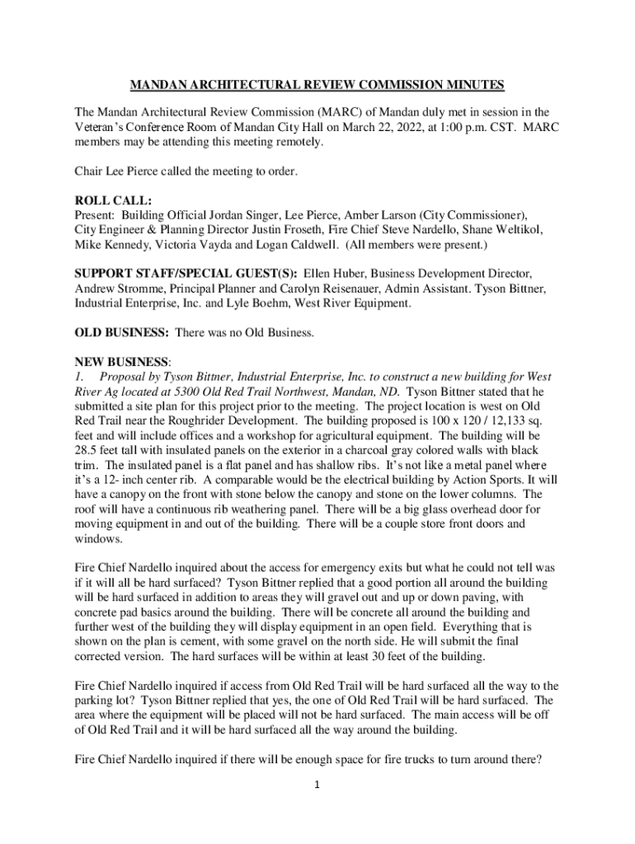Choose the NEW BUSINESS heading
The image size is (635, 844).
121,361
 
